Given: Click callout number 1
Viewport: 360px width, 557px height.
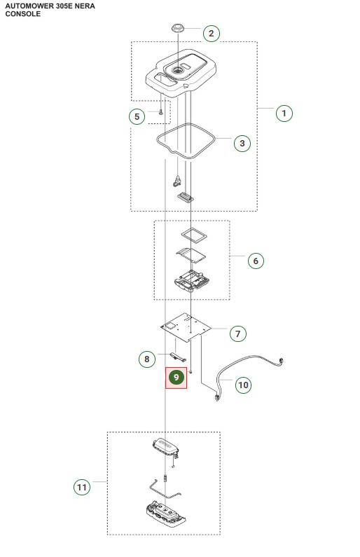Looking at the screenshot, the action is [284, 114].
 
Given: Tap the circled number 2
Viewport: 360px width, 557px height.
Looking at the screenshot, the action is [212, 34].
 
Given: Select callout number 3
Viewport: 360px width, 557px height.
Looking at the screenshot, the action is [242, 143].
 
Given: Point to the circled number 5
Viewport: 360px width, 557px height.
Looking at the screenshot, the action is [137, 116].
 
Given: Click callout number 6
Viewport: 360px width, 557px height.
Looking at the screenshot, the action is [256, 261].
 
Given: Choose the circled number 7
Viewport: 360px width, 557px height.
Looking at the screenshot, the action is [238, 333].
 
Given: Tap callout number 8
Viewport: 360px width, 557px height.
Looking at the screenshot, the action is [146, 359].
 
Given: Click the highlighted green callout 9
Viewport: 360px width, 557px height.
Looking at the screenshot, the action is [176, 377].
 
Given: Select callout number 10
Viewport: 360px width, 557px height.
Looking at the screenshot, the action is [243, 385].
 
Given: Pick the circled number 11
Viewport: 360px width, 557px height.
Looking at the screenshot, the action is [82, 487].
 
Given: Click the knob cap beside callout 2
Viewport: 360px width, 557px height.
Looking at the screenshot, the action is [177, 28].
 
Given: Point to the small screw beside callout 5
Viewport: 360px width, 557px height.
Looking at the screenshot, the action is [160, 112].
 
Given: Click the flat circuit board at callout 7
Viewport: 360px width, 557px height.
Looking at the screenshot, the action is [186, 326].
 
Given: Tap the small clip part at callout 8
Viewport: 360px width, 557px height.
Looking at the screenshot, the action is [179, 357].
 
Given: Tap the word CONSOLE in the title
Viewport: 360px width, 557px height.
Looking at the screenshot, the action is [23, 14].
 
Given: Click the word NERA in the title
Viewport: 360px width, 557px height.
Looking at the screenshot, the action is [85, 6].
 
